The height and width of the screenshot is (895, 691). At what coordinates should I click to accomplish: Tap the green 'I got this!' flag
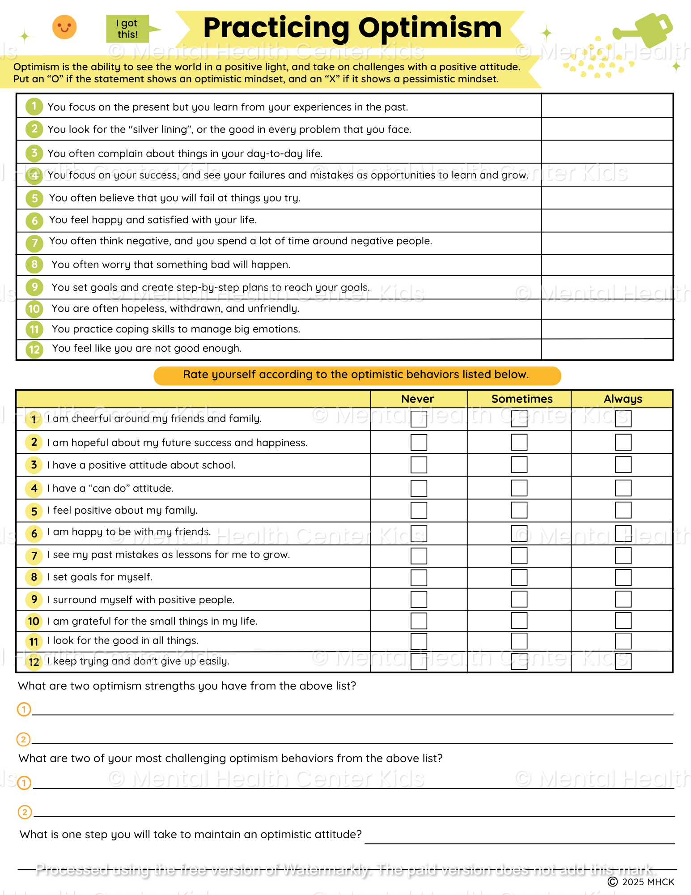coord(128,29)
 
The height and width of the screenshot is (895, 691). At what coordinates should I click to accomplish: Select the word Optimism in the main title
coord(430,28)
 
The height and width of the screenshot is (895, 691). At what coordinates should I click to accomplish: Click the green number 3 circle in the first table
coord(34,153)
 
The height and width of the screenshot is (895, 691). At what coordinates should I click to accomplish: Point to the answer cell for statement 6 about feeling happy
coord(607,221)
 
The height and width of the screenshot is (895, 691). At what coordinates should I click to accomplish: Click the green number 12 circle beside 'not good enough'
coord(34,349)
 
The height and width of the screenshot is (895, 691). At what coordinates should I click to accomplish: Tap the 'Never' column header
coord(418,399)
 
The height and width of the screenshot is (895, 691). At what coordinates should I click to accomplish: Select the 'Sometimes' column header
coord(522,399)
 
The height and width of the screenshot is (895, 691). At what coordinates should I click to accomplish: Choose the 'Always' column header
coord(623,399)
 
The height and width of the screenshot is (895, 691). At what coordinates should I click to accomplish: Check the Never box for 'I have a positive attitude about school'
coord(419,465)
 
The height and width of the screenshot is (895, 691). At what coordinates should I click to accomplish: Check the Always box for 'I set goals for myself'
coord(623,577)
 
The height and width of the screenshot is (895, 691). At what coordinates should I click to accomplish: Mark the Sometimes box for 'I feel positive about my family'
coord(519,510)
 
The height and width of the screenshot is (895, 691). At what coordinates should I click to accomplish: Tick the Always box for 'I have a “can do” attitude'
coord(623,488)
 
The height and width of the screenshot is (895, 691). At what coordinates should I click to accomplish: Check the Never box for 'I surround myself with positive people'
coord(419,599)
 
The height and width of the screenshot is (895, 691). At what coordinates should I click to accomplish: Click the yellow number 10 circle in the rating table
coord(34,621)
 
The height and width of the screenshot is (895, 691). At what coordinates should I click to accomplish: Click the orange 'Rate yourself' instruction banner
coord(357,375)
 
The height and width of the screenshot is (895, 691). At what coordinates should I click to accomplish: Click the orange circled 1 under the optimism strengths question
coord(24,709)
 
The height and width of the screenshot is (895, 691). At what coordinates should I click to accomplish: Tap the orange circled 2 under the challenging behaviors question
coord(25,812)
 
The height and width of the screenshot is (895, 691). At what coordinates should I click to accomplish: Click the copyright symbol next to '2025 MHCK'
coord(613,882)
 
